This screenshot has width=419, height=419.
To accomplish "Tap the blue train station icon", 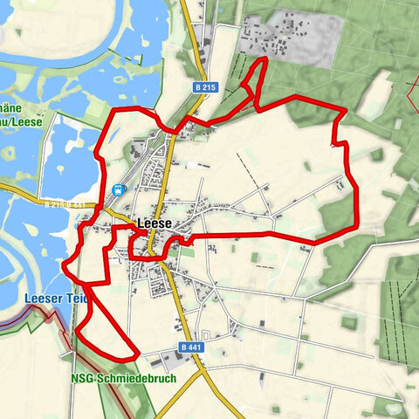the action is coord(117,189).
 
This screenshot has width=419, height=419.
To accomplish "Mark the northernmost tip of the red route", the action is coord(264,58).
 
